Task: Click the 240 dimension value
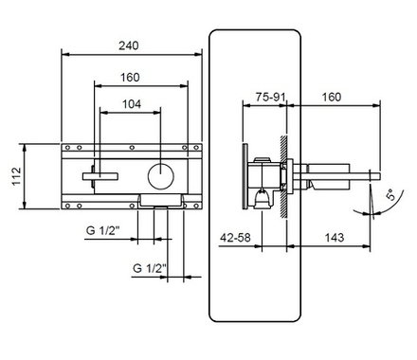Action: pyautogui.click(x=129, y=45)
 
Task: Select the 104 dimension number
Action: pyautogui.click(x=132, y=104)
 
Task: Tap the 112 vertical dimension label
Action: pyautogui.click(x=16, y=176)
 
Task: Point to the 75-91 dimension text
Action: pyautogui.click(x=270, y=97)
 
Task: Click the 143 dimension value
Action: pyautogui.click(x=335, y=237)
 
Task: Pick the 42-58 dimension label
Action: pyautogui.click(x=235, y=237)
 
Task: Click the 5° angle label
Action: pyautogui.click(x=390, y=195)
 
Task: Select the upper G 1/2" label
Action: pyautogui.click(x=103, y=230)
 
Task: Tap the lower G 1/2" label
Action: pyautogui.click(x=150, y=268)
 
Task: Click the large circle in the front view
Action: pyautogui.click(x=161, y=177)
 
